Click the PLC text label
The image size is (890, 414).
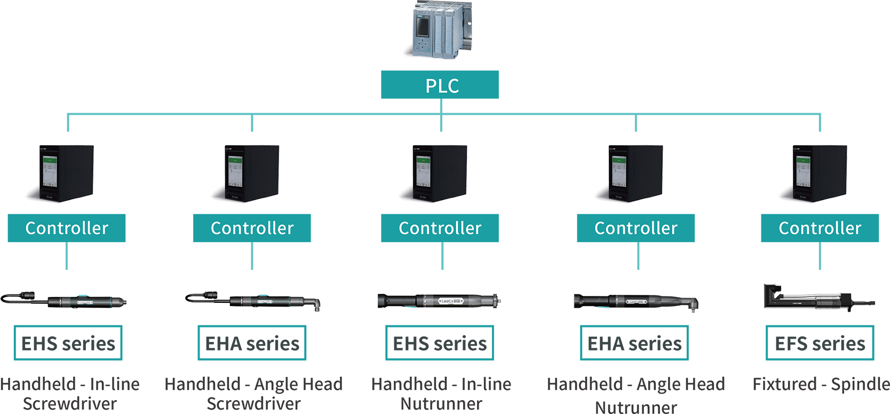(x=442, y=86)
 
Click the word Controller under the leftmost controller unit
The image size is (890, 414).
(x=67, y=229)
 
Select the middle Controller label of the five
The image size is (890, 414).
(x=440, y=229)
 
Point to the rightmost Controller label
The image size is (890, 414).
(x=820, y=229)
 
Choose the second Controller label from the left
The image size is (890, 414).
(x=252, y=229)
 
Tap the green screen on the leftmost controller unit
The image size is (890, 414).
(x=50, y=170)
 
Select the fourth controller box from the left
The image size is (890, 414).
(x=635, y=166)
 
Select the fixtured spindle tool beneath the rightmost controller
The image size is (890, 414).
(x=816, y=302)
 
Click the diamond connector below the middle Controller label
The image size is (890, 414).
(x=442, y=262)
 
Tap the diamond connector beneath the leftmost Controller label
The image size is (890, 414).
(x=67, y=262)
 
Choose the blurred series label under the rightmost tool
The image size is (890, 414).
(x=820, y=343)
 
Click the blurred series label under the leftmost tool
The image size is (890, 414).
(x=68, y=343)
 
